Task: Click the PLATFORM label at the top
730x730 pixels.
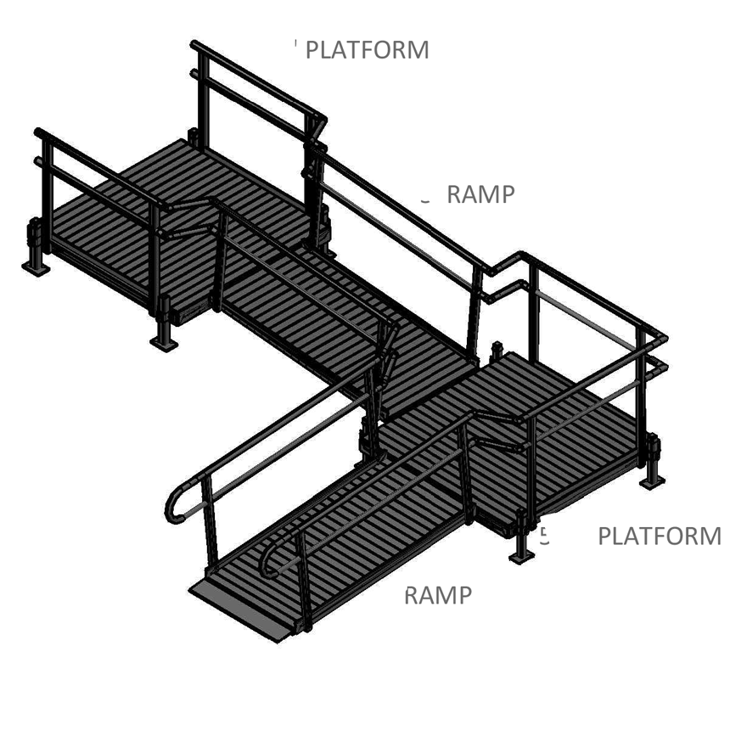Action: pos(367,50)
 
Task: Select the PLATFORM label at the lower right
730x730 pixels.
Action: pos(660,536)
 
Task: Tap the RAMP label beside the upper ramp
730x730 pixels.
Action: pos(480,194)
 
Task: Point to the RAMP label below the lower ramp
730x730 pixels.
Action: pos(437,596)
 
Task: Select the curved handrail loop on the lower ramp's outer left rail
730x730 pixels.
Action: pos(176,505)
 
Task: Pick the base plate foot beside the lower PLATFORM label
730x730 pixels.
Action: pos(521,556)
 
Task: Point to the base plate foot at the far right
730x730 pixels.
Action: pos(652,481)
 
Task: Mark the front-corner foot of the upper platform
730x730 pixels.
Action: pos(163,340)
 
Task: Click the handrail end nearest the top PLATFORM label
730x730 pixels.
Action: pos(195,44)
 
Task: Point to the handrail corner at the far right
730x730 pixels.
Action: pos(663,339)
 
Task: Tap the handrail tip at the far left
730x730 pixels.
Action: pos(38,132)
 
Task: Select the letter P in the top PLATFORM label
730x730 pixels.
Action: pos(312,50)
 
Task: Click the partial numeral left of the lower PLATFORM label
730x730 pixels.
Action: pos(545,536)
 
